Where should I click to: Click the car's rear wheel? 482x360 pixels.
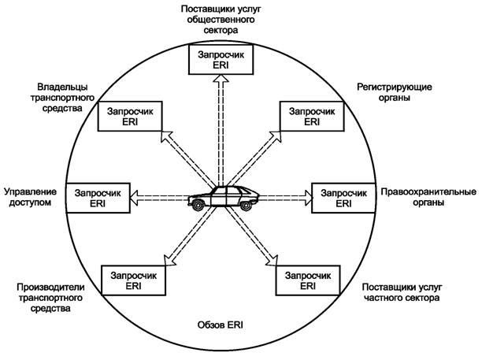click(x=246, y=205)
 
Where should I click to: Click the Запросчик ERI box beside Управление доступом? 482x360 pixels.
click(x=97, y=197)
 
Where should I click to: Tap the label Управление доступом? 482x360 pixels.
click(x=32, y=197)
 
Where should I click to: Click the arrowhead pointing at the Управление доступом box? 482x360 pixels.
click(x=133, y=196)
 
